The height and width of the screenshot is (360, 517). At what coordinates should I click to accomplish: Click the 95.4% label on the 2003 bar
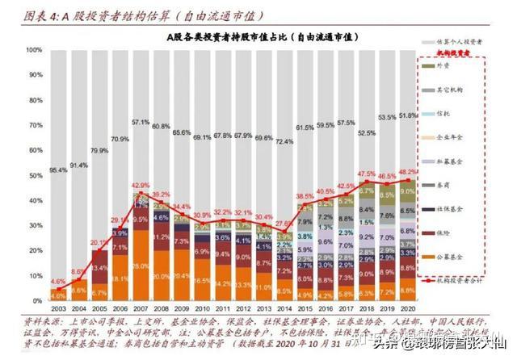58,171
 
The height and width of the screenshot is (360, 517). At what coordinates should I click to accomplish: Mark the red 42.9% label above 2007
141,185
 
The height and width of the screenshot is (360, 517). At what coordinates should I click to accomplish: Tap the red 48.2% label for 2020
408,172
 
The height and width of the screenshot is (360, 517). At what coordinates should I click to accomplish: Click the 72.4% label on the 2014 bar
283,142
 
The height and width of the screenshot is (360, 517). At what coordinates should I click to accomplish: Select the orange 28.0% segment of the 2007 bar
141,266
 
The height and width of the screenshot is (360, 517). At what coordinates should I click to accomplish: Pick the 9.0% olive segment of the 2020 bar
408,191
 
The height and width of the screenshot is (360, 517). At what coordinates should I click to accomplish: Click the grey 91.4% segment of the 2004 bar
78,165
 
